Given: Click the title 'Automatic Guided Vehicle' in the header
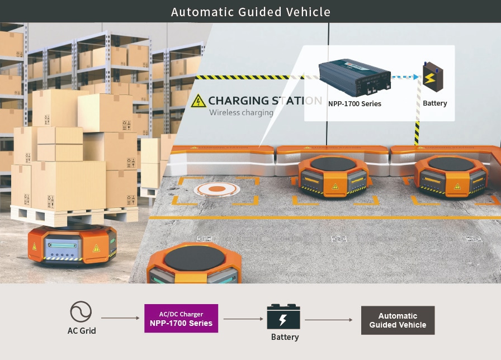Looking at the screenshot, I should tap(250, 12).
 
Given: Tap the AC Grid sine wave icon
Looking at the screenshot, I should tap(81, 312).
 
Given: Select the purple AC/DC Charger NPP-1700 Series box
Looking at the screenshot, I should tap(181, 319).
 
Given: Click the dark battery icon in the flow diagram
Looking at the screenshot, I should tap(283, 317).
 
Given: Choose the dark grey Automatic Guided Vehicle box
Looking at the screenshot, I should tap(398, 320).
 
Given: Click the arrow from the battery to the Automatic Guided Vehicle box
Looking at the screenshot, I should tap(328, 320).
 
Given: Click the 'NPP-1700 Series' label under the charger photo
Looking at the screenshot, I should tap(355, 103).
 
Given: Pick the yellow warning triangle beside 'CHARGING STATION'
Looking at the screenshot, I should tap(198, 101).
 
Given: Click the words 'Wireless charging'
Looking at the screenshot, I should tap(241, 112).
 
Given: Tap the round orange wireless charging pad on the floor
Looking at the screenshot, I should tap(217, 190).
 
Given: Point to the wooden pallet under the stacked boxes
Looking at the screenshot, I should tap(74, 215).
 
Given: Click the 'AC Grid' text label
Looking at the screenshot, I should tap(82, 330).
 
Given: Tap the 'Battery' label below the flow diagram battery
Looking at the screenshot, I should tap(285, 337).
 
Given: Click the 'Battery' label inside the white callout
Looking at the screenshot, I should tap(434, 103).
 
